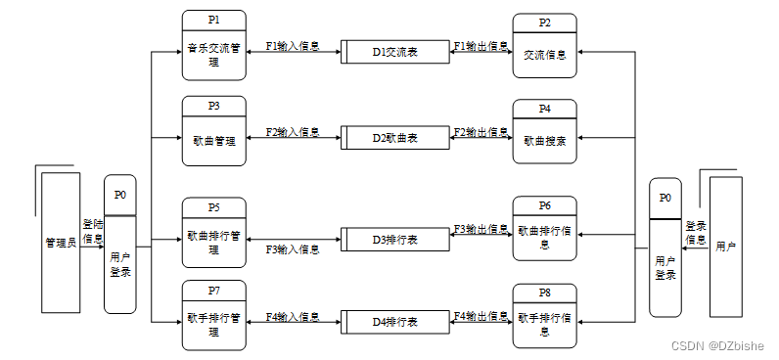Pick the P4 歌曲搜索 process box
point(544,132)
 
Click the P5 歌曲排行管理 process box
point(213,233)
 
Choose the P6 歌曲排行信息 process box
point(544,232)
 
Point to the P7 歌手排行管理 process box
point(213,315)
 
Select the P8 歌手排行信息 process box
point(544,316)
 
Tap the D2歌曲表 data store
point(395,138)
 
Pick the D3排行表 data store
point(395,239)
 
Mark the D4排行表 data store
point(395,322)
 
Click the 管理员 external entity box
point(60,242)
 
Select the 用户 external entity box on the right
point(725,247)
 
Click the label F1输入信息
point(293,45)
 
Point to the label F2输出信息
point(481,131)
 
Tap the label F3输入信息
point(293,249)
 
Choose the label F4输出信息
point(481,316)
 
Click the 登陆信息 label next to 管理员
point(93,231)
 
